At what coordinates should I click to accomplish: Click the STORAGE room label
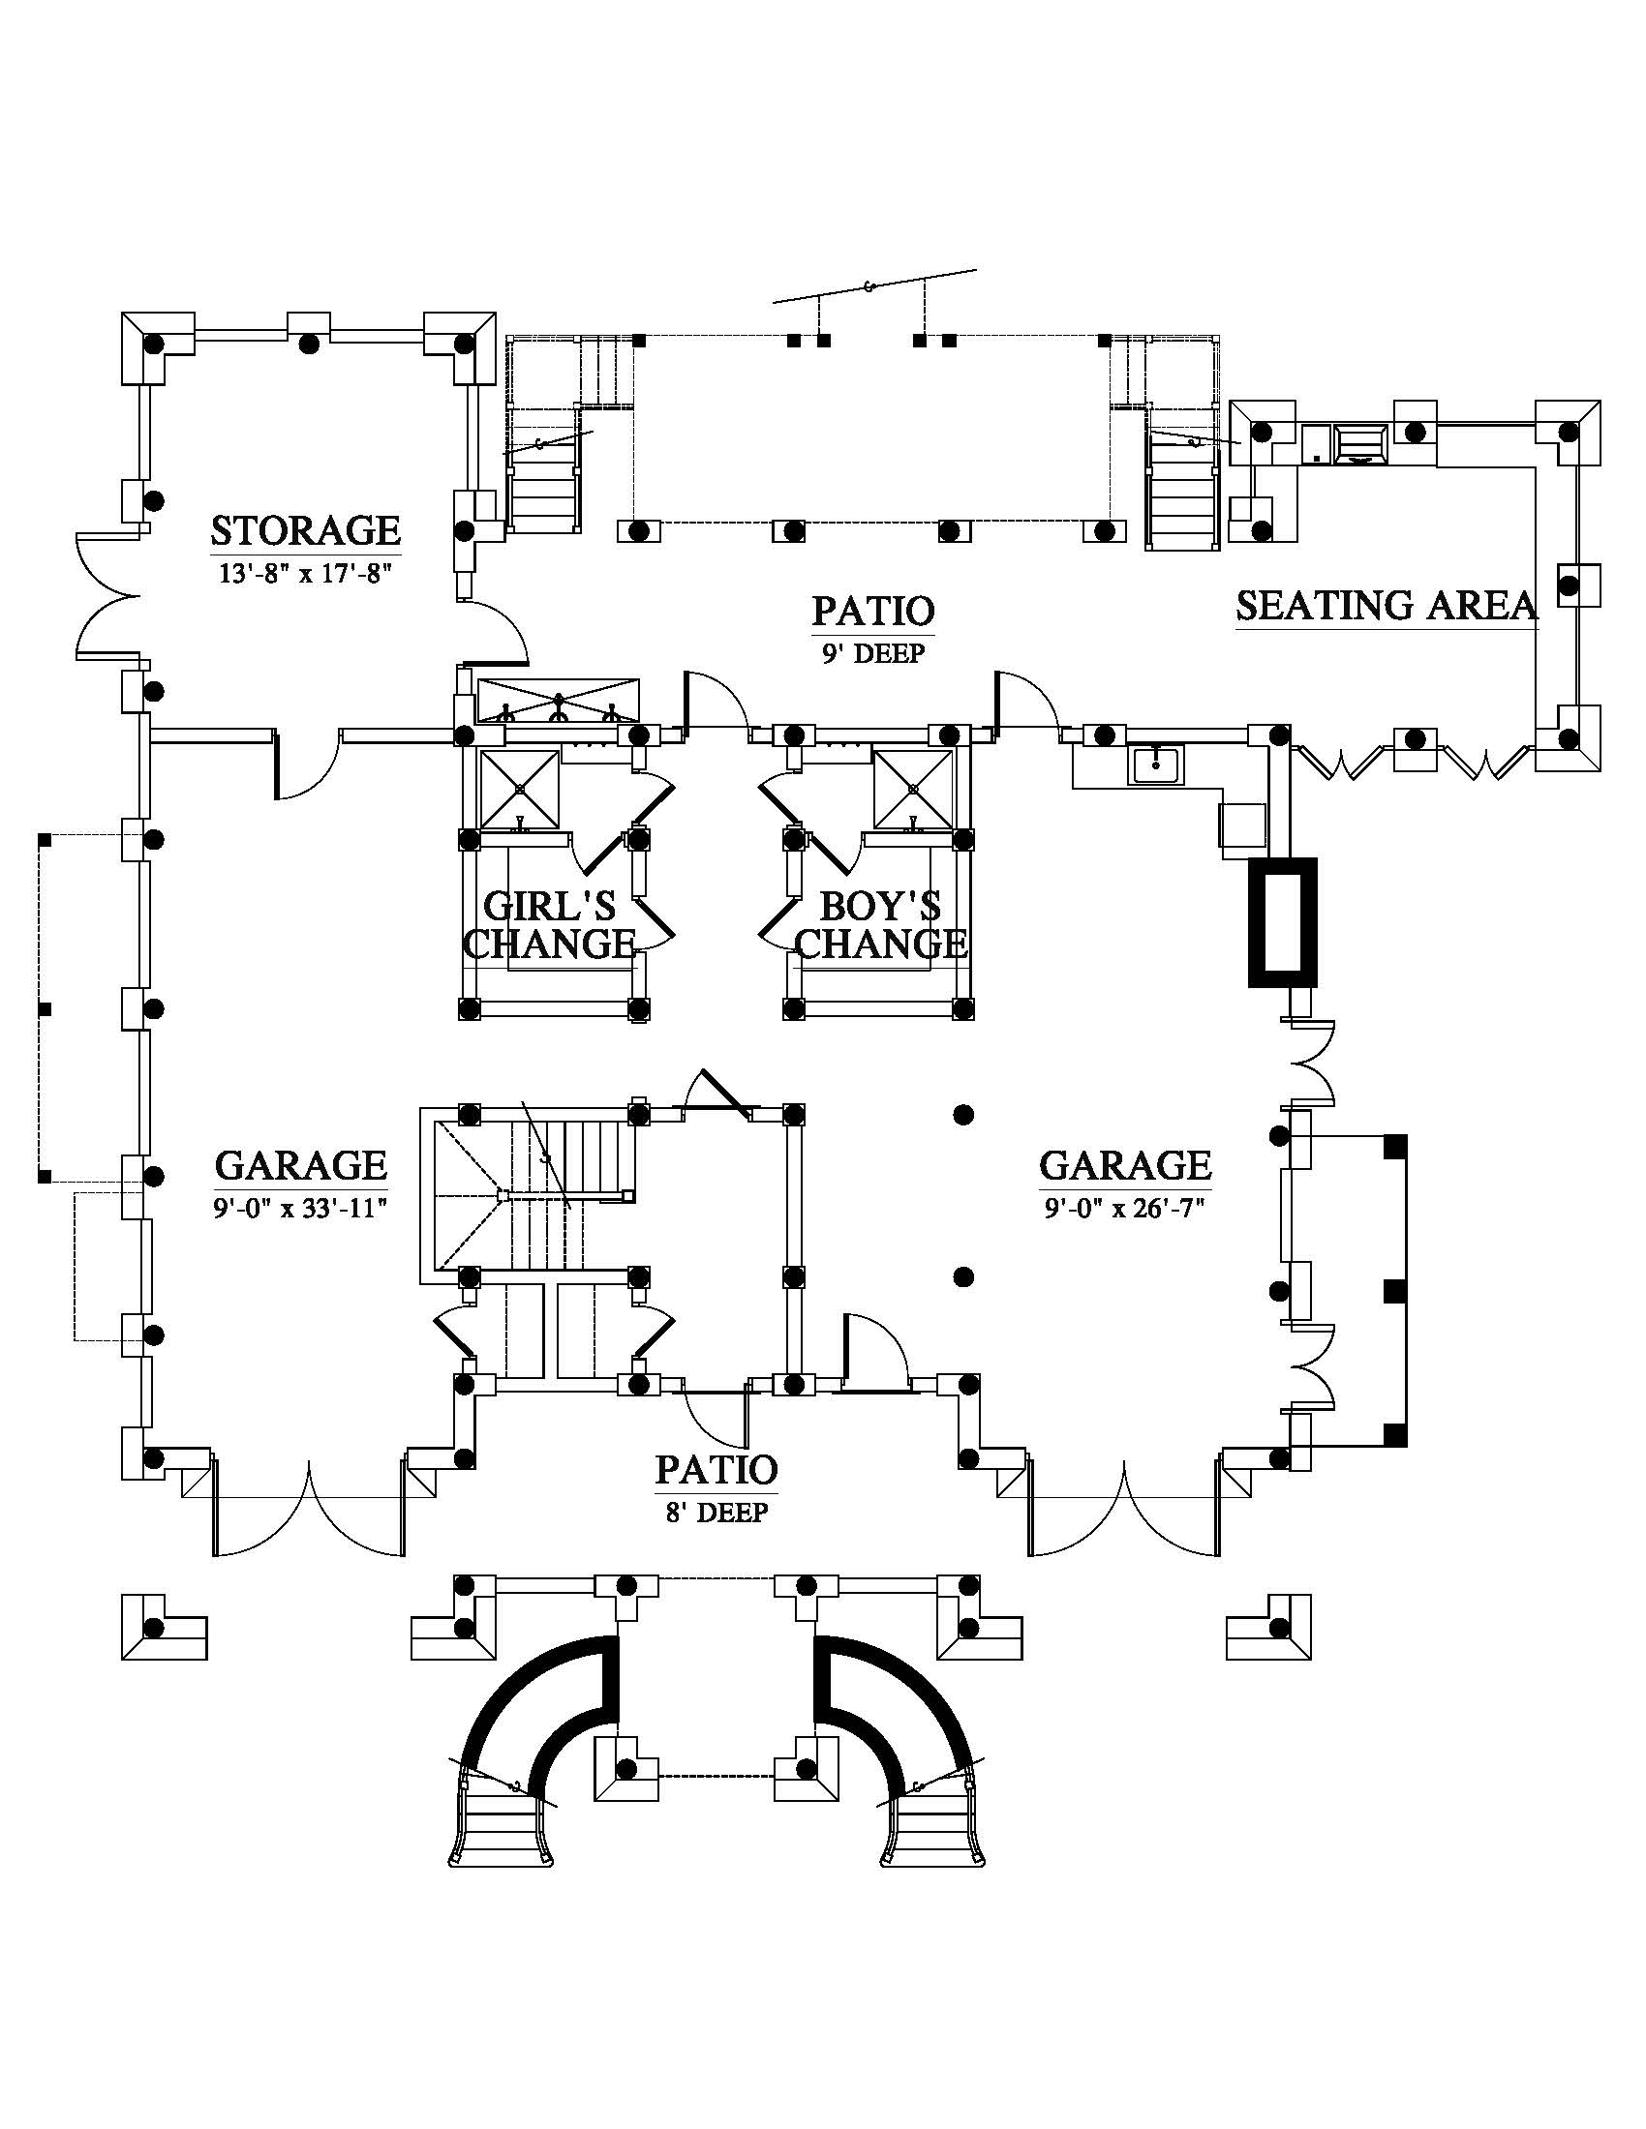305,530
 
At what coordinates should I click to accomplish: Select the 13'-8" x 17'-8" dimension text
305,573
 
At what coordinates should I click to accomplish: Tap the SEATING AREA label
1387,606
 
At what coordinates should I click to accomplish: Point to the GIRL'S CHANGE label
549,925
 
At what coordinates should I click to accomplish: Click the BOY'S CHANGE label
880,925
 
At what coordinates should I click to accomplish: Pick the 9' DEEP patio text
872,653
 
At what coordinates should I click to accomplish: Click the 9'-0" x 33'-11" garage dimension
300,1209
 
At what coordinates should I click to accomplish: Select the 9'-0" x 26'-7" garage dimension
1125,1209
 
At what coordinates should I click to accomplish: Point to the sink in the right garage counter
1156,765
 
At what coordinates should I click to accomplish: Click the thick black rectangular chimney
1282,922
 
